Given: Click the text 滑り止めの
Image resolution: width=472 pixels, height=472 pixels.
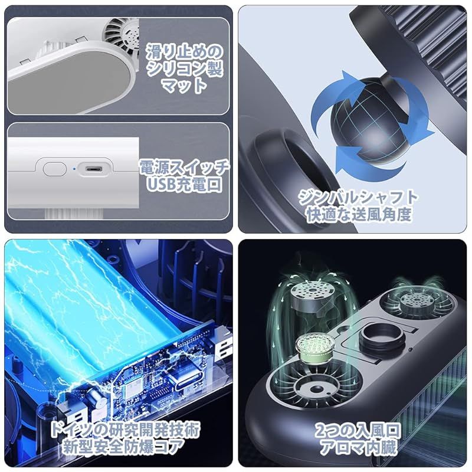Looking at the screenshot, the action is click(x=185, y=53).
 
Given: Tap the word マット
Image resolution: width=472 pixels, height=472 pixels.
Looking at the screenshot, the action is click(x=185, y=85).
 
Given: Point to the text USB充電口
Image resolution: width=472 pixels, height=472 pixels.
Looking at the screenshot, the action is click(x=185, y=184).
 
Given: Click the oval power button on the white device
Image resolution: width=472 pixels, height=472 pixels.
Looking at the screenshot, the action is click(x=54, y=169).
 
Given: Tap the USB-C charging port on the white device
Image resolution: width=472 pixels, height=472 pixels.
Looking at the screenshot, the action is click(x=93, y=169).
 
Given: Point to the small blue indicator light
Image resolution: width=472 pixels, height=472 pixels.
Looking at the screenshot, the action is click(x=74, y=169).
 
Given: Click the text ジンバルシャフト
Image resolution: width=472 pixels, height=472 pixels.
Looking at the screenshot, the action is click(x=358, y=198).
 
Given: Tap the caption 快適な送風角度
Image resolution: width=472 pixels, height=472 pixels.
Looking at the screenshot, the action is click(x=359, y=215).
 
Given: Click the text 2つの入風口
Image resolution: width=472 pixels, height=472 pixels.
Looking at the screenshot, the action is click(x=358, y=431).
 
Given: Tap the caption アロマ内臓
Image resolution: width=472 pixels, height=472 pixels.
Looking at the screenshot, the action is click(x=358, y=447).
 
